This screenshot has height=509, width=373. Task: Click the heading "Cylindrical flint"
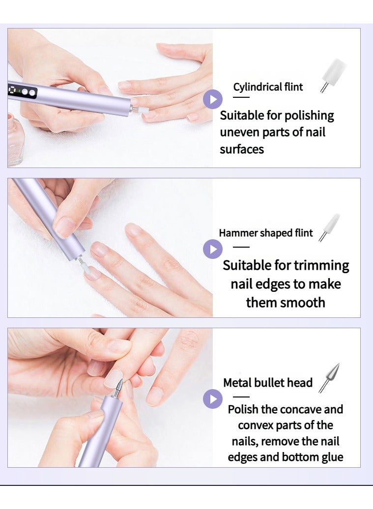[268, 87]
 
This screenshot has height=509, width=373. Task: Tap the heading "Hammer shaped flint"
[265, 233]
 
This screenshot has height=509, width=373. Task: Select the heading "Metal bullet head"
[268, 383]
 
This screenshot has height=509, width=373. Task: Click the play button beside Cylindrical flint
[213, 99]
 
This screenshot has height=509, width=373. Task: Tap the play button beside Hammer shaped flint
[213, 249]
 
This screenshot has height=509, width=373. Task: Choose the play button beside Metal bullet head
[213, 398]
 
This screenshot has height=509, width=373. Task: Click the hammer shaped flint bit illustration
[329, 227]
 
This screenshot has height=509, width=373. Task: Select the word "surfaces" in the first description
[241, 149]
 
